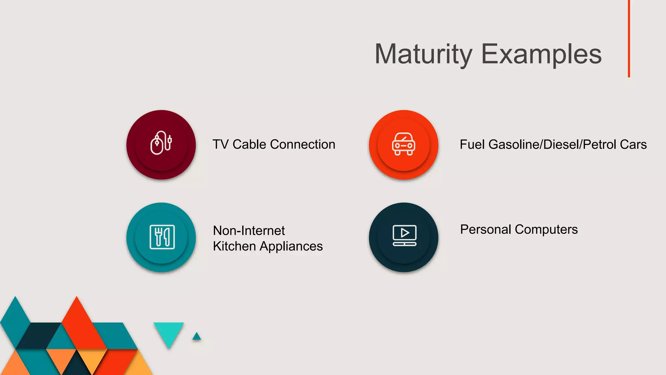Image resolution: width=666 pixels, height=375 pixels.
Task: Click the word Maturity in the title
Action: [423, 54]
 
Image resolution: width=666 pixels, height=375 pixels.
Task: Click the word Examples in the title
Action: [541, 54]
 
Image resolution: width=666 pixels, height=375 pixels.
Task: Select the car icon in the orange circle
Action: [404, 144]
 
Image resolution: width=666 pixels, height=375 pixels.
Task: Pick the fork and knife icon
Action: [162, 237]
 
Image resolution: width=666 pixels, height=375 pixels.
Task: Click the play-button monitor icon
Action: [405, 235]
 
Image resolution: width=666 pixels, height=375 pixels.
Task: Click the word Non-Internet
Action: [249, 230]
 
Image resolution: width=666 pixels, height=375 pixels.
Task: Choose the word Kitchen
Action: [234, 246]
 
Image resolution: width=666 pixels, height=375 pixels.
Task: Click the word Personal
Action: [486, 229]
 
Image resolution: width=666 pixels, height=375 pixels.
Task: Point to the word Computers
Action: [546, 230]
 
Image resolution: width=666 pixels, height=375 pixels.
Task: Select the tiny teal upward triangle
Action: [196, 337]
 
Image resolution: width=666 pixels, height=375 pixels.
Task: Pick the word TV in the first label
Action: [220, 144]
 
